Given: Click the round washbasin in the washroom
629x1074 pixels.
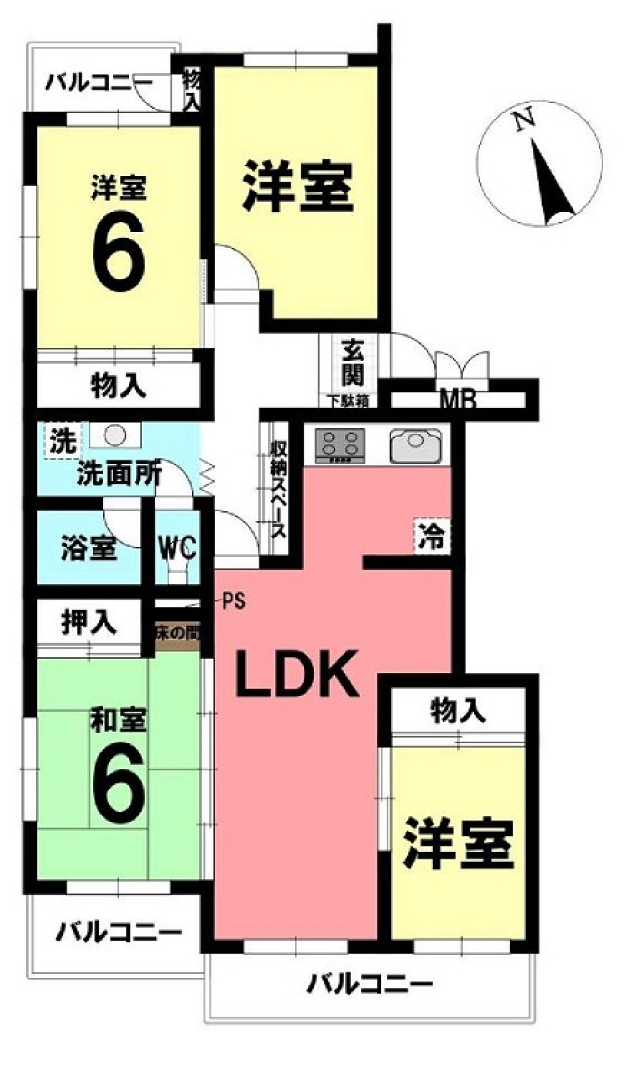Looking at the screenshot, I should (x=113, y=435).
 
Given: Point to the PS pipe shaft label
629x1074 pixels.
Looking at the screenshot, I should (x=233, y=602).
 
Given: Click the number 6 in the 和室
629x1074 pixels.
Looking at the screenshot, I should (x=119, y=787).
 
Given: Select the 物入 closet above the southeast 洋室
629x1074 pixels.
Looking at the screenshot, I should (x=457, y=711).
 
